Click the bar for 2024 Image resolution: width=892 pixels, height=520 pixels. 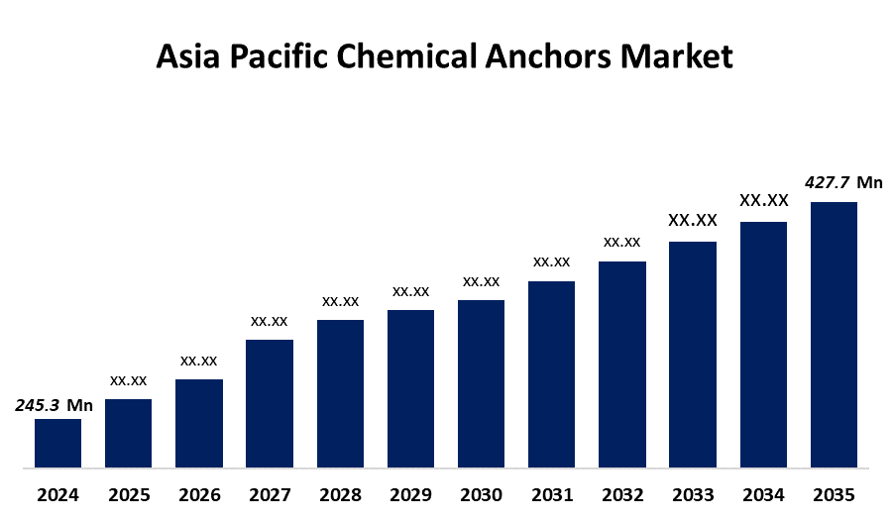pos(57,443)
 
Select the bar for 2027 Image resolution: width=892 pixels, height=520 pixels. pos(270,403)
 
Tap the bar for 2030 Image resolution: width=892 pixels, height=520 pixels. pos(481,383)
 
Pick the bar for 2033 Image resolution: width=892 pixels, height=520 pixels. pos(693,354)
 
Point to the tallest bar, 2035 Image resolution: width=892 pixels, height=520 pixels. pos(834,334)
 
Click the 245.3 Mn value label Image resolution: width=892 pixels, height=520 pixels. pos(54,405)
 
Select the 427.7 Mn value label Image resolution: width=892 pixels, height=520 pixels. pos(843,182)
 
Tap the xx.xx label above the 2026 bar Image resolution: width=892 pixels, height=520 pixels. pos(199,361)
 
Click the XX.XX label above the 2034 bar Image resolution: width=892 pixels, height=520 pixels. pos(763,200)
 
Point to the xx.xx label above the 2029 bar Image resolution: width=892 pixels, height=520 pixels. pos(410,291)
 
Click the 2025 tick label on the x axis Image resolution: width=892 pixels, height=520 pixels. pos(129,494)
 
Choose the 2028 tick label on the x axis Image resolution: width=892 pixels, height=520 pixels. pos(340,494)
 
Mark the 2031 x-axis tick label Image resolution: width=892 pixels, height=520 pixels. pos(551,494)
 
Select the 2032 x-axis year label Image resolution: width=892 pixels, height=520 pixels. pos(622,494)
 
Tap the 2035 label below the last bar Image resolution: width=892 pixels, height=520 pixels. pos(834,494)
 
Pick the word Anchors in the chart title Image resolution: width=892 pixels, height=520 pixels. pos(542,56)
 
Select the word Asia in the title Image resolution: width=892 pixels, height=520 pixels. pos(190,56)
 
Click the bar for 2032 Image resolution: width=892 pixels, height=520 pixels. pos(622,364)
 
